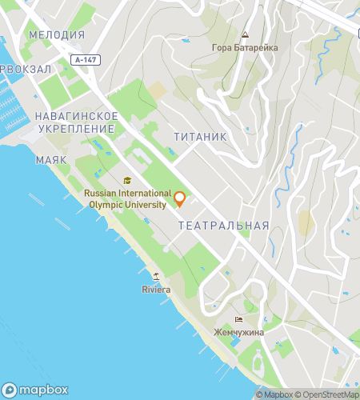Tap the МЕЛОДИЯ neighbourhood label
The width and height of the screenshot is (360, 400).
[56, 35]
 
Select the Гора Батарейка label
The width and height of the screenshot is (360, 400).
[245, 48]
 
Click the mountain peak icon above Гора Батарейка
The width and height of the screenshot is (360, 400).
[245, 36]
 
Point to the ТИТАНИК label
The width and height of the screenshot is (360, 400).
[200, 137]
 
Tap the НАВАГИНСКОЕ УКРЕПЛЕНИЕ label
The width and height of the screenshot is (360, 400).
[76, 122]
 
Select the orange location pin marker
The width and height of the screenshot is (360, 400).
[180, 198]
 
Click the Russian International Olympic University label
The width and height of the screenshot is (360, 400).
[128, 199]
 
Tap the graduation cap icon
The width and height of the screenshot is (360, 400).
[127, 180]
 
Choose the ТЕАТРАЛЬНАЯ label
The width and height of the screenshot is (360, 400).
[223, 226]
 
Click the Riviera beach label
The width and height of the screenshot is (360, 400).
[156, 289]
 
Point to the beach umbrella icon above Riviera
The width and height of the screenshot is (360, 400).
[156, 277]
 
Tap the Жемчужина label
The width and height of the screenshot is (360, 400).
[238, 331]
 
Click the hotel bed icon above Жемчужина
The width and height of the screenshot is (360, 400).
[238, 318]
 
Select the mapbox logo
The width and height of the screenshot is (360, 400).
[35, 390]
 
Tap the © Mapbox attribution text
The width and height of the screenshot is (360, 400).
[274, 394]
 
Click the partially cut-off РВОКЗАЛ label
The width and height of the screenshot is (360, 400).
[26, 70]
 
